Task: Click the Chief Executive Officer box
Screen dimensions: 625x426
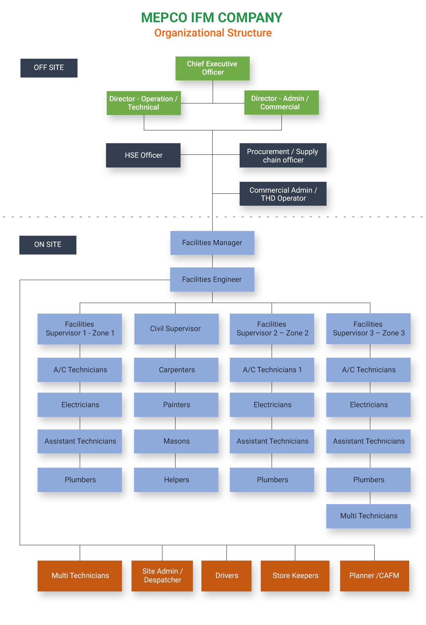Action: (212, 68)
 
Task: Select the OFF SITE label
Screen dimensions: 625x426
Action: (49, 68)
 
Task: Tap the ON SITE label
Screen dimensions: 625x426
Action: (48, 245)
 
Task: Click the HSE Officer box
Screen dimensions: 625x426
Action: (143, 155)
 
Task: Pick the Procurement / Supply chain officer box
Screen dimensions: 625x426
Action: (283, 156)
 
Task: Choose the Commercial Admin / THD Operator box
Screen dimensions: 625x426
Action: (283, 194)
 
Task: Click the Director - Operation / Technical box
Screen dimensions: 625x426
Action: (143, 103)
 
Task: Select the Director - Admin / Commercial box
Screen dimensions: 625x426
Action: (281, 103)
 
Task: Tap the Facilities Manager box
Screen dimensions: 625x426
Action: (212, 243)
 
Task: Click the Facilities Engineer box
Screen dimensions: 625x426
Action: (212, 279)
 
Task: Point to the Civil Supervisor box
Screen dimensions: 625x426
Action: (176, 329)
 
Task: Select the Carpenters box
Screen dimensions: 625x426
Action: (176, 370)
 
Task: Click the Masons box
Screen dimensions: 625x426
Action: (176, 441)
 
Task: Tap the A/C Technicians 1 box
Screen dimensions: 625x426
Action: (272, 370)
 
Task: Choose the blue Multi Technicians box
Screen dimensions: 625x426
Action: (368, 516)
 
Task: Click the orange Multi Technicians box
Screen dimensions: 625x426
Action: (80, 575)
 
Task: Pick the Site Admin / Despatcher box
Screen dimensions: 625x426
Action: (162, 575)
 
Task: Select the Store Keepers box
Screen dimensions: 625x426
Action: (295, 575)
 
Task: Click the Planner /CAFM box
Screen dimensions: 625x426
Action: (374, 575)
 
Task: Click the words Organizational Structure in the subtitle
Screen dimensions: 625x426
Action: (213, 33)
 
